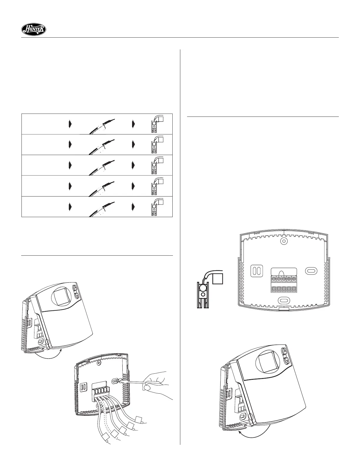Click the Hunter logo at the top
coord(34,29)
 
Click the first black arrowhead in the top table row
coord(70,124)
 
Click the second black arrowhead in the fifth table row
coord(134,206)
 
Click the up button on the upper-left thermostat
coord(75,288)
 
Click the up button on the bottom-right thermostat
coord(284,351)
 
